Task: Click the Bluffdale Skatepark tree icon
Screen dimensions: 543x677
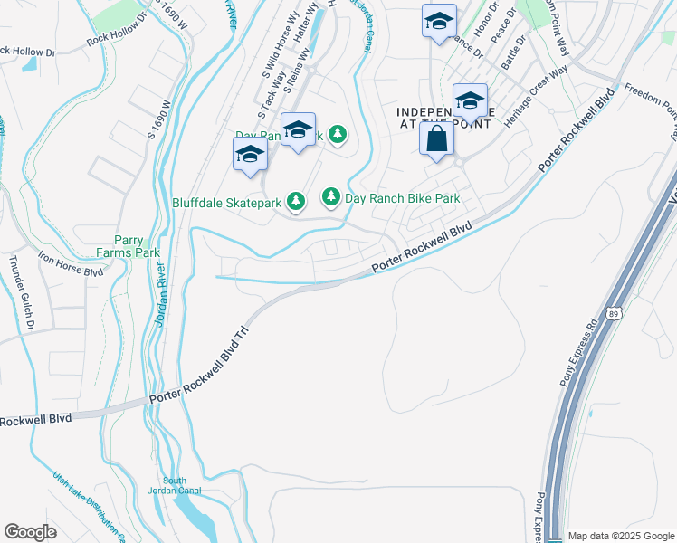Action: pyautogui.click(x=295, y=201)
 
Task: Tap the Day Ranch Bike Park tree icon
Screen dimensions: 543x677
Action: pyautogui.click(x=331, y=196)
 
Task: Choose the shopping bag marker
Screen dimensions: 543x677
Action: pyautogui.click(x=436, y=139)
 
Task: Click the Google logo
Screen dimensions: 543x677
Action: pyautogui.click(x=31, y=531)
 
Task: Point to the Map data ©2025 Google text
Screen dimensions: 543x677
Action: pyautogui.click(x=621, y=536)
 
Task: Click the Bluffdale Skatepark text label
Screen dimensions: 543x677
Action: pyautogui.click(x=227, y=203)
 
